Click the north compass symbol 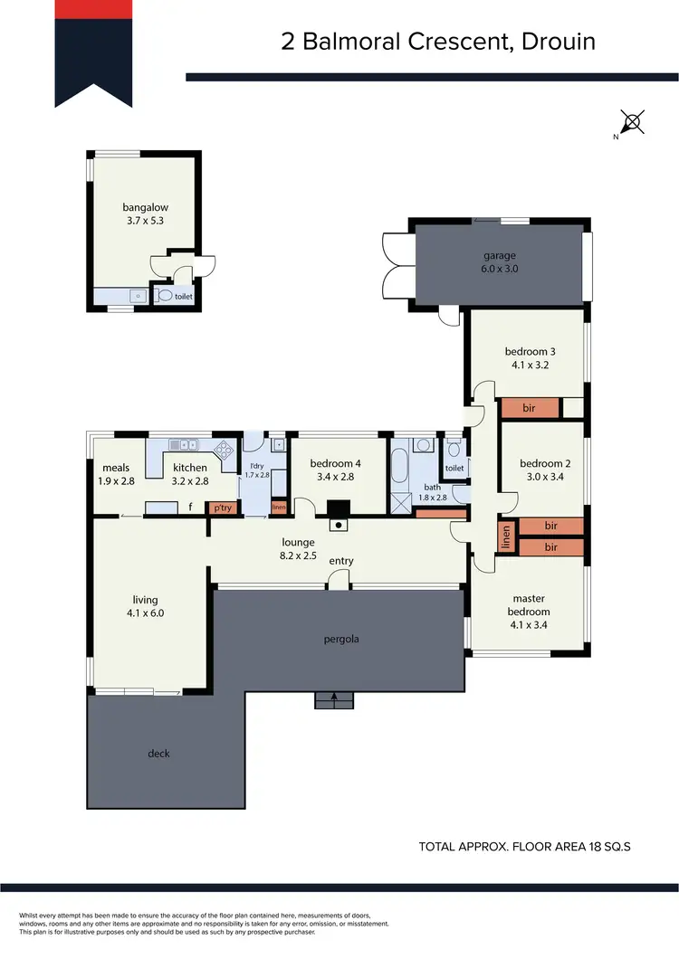click(633, 122)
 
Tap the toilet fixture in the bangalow click(165, 295)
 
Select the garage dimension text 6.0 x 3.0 click(498, 269)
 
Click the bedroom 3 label click(530, 352)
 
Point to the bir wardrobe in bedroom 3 click(530, 408)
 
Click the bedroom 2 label click(544, 463)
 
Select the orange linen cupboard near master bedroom click(506, 537)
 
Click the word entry click(341, 561)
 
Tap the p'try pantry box click(221, 508)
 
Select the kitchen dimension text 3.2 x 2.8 click(190, 480)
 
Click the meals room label click(116, 468)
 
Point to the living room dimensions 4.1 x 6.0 click(145, 612)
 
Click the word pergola click(341, 640)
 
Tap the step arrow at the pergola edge click(334, 698)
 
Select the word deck click(158, 754)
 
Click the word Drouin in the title click(559, 43)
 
